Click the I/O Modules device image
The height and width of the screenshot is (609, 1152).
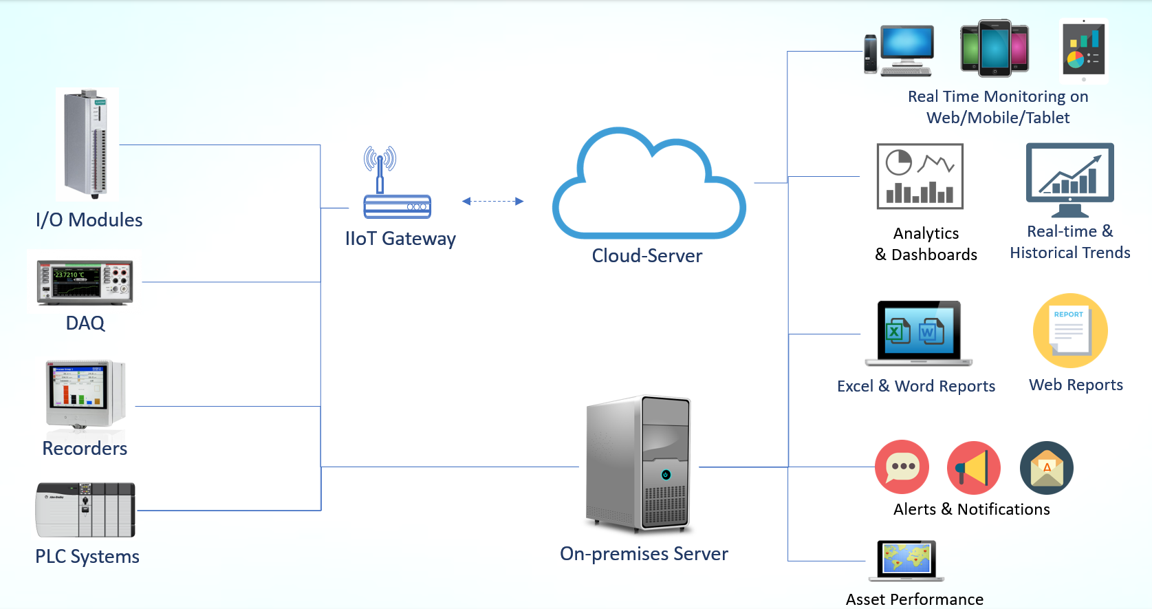tap(87, 144)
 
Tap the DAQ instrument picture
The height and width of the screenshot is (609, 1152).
tap(85, 282)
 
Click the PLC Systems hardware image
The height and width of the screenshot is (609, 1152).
tap(85, 510)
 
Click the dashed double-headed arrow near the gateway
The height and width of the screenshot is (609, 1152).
tap(492, 202)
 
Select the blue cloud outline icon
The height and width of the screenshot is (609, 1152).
tap(648, 186)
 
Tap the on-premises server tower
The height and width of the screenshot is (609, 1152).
tap(638, 464)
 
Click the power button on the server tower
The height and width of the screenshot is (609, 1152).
tap(665, 475)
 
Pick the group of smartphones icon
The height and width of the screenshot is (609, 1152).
tap(995, 48)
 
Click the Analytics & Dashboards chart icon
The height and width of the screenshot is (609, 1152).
tap(920, 176)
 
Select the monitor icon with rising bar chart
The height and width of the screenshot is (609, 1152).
tap(1069, 179)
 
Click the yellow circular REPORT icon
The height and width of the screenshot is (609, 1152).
tap(1069, 331)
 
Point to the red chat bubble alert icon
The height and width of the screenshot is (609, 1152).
tap(902, 467)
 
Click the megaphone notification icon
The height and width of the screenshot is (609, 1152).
tap(973, 468)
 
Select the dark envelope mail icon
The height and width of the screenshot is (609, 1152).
tap(1046, 468)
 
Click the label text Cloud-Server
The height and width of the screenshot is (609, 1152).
tap(646, 256)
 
